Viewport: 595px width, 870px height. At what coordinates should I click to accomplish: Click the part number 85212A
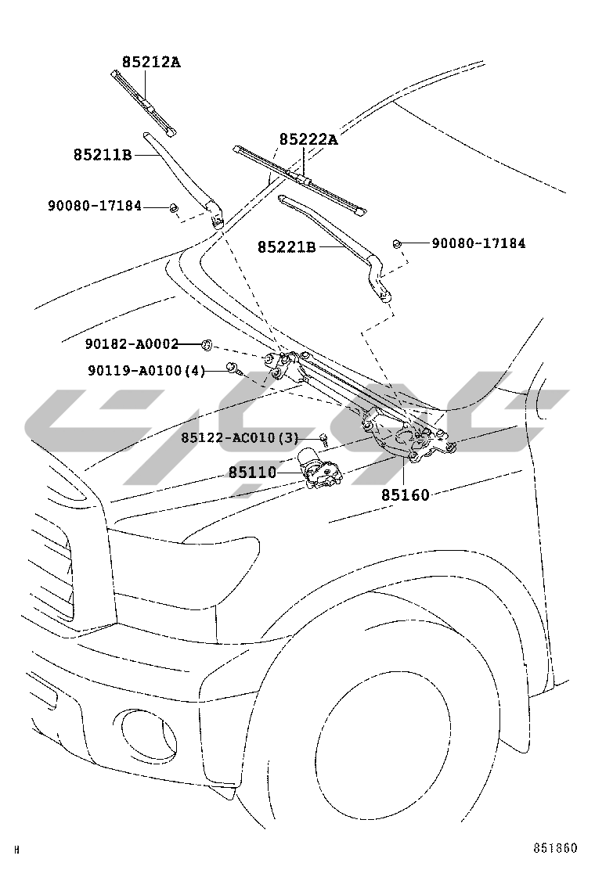[x=150, y=62]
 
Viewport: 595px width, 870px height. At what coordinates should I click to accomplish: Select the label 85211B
[x=103, y=155]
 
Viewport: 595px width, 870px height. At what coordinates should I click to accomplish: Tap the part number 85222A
[x=308, y=140]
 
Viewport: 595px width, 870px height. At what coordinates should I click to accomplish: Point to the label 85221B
[x=287, y=247]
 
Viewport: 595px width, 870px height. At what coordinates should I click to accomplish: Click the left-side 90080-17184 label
[x=95, y=207]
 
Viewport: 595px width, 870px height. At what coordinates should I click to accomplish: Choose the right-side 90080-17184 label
[x=478, y=243]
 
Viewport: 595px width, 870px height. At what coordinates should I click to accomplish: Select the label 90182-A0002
[x=132, y=343]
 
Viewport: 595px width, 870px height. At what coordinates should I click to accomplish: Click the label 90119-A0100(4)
[x=145, y=370]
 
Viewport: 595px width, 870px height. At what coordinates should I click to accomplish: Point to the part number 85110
[x=253, y=473]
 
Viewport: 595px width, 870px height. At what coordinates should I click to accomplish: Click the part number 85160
[x=406, y=494]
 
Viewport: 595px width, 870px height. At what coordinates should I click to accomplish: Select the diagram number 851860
[x=555, y=849]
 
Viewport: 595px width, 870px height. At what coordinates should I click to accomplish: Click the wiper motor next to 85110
[x=321, y=472]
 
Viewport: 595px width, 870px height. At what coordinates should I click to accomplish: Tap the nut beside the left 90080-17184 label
[x=174, y=208]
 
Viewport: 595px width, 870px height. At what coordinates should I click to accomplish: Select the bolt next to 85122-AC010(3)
[x=322, y=439]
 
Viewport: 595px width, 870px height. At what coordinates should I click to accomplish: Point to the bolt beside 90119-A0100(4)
[x=233, y=368]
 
